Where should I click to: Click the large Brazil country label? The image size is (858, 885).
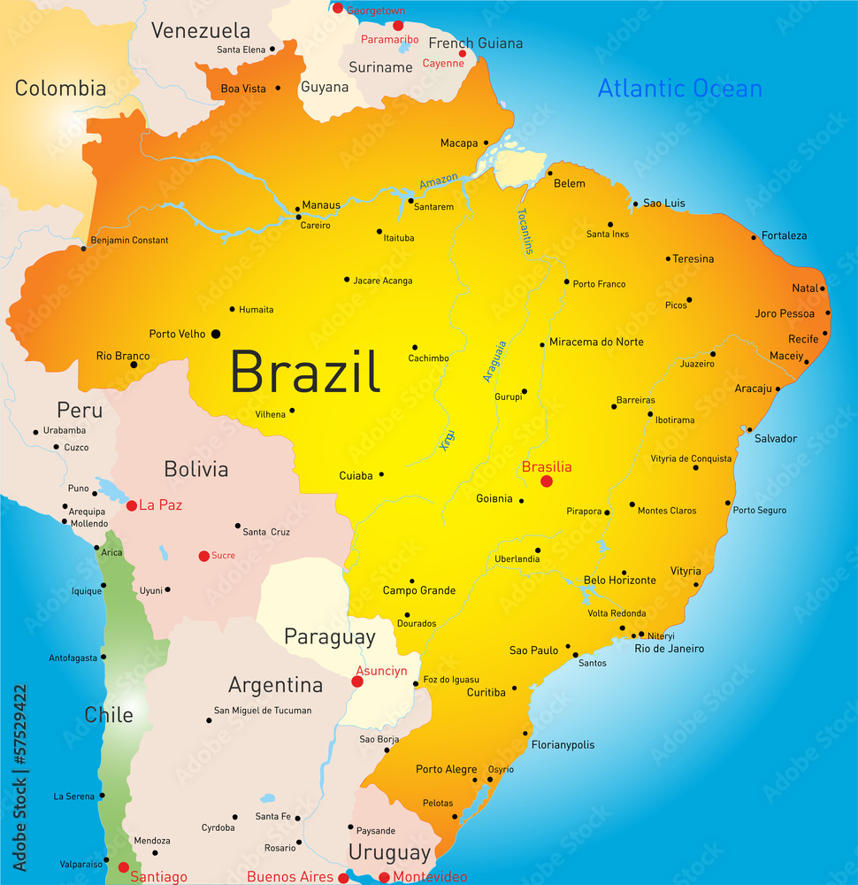[305, 372]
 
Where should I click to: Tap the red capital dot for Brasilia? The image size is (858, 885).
[547, 481]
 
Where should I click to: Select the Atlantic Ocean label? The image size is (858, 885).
[679, 88]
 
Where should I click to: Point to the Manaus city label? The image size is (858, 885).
[321, 205]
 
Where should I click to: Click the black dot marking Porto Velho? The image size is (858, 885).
[215, 334]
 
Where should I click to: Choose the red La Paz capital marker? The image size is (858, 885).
[132, 505]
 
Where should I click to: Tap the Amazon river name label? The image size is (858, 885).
[439, 180]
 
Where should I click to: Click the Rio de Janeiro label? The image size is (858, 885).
[670, 649]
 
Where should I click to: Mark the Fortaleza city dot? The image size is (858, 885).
[754, 237]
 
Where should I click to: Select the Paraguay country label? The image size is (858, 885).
[329, 637]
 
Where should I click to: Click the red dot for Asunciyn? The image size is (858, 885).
[357, 681]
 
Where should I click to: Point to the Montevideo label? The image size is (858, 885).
[430, 876]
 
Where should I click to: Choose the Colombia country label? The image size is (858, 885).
[60, 88]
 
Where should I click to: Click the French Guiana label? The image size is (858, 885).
[475, 43]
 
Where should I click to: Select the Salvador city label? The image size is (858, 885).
[775, 438]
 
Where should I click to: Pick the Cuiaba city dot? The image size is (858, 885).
[381, 474]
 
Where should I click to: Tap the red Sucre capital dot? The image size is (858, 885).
[204, 556]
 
